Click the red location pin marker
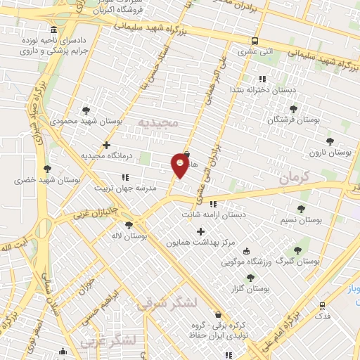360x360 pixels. [181, 165]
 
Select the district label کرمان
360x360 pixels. [293, 179]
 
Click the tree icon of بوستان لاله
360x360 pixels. [128, 226]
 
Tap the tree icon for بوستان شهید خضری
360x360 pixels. [47, 169]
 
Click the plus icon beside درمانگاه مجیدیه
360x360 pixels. [106, 146]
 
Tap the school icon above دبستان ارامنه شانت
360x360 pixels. [214, 205]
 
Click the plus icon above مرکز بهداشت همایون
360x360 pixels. [200, 231]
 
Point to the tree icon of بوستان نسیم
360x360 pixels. [301, 209]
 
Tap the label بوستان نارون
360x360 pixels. [333, 152]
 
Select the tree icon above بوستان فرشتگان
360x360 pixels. [293, 109]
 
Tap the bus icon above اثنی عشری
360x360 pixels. [255, 41]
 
